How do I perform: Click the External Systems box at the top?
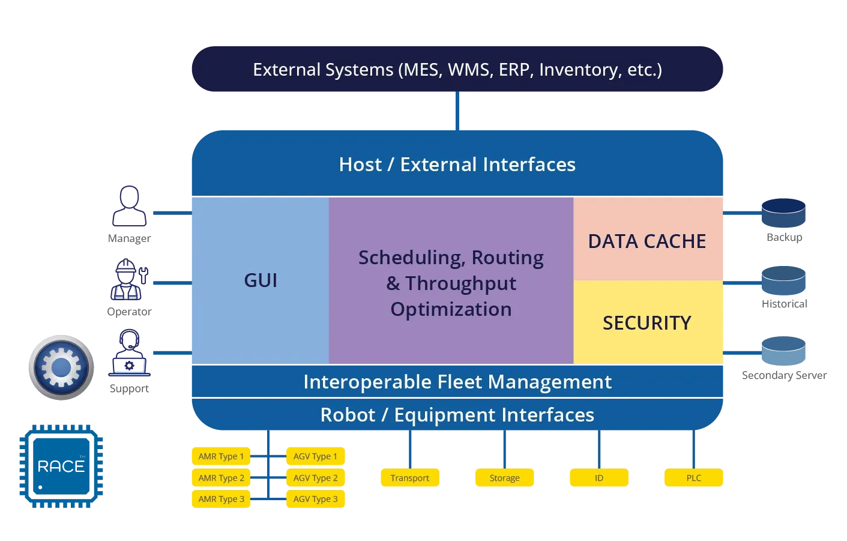click(x=457, y=69)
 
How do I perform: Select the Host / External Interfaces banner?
click(x=457, y=164)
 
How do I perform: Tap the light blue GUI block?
click(x=260, y=280)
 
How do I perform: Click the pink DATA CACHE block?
click(x=647, y=240)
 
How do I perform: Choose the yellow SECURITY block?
click(x=647, y=322)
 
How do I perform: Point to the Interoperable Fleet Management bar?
click(x=457, y=382)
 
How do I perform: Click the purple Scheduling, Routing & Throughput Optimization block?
click(x=451, y=282)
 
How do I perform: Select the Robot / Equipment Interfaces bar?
click(x=457, y=415)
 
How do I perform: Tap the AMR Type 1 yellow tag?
click(x=221, y=456)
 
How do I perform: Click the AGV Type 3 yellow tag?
click(x=315, y=499)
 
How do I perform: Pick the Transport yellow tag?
click(x=409, y=478)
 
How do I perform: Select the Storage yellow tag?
click(x=504, y=478)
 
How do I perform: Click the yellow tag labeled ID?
click(x=598, y=478)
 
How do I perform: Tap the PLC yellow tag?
click(x=693, y=478)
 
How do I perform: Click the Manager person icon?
click(x=129, y=207)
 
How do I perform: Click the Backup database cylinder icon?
click(x=783, y=213)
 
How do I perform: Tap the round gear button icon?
click(x=61, y=367)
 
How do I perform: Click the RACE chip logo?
click(x=61, y=466)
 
